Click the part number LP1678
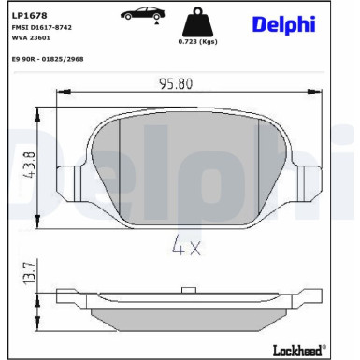[x=29, y=15]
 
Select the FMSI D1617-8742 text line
[x=42, y=27]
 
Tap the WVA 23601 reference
[x=31, y=38]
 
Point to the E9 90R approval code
[x=48, y=59]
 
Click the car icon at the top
[x=143, y=13]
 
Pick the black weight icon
[x=197, y=22]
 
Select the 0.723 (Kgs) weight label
[x=197, y=41]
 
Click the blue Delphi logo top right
[x=283, y=24]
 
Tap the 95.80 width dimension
[x=176, y=84]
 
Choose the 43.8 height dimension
[x=31, y=165]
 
